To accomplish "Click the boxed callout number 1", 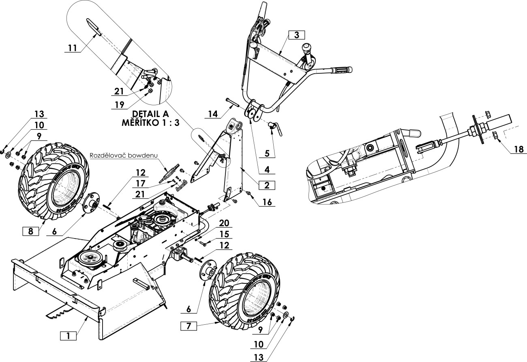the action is coord(68,336).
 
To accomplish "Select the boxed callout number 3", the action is coord(296,35).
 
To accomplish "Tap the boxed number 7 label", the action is coord(189,326).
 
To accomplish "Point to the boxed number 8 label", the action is coord(30,231).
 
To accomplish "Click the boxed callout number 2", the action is coord(267,185).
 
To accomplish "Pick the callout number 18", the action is coord(519,149).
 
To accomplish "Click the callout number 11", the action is coord(73,48).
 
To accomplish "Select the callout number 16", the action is coord(267,202).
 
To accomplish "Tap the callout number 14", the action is coord(213,114).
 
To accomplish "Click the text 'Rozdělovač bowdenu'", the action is coord(124,155).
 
